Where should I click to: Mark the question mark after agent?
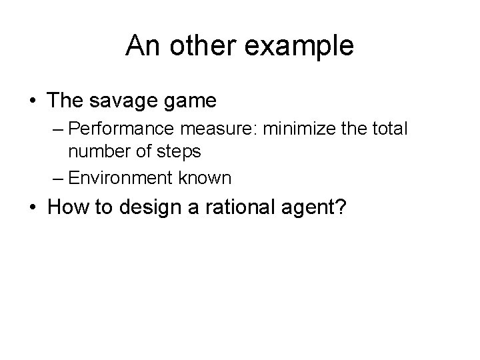[x=340, y=207]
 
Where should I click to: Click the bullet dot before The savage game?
[x=33, y=102]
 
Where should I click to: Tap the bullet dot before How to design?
[x=33, y=207]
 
